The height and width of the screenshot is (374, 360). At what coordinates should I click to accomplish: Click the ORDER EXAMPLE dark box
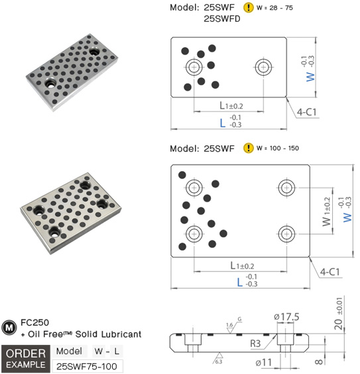click(25, 357)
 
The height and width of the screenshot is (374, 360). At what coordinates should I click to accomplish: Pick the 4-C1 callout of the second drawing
click(330, 272)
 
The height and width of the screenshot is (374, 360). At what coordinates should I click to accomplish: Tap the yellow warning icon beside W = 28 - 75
click(249, 9)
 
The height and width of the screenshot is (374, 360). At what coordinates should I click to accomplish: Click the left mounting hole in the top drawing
click(194, 67)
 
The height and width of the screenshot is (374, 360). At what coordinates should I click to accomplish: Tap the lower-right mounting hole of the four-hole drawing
click(286, 233)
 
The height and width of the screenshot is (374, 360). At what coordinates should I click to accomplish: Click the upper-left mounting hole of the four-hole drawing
click(194, 188)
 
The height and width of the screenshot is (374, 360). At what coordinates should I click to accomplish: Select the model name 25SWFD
click(224, 20)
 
